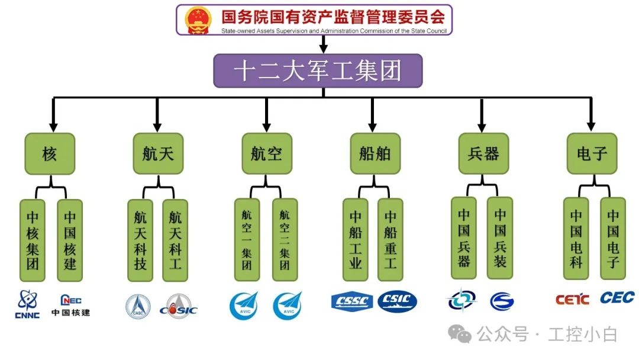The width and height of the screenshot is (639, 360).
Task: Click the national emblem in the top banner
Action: pos(198,20)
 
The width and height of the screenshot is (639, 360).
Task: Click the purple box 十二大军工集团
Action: pos(318,71)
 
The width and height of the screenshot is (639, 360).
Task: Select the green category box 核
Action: pos(50,153)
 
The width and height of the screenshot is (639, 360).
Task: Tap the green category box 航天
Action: pos(158,153)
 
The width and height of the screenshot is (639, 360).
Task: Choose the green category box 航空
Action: pos(266,153)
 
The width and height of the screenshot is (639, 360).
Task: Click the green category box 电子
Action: pos(592,153)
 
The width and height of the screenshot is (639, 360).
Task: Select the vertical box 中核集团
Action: pos(33,240)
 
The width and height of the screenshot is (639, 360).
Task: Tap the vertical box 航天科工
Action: pos(175,240)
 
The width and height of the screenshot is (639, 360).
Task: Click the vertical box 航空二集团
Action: pos(285,240)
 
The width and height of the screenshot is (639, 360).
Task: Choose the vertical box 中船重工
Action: pos(390,240)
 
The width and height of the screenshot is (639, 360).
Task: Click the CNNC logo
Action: pos(27,304)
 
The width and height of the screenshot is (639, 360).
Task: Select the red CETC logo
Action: pos(572,300)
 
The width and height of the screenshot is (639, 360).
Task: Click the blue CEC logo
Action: pos(617,297)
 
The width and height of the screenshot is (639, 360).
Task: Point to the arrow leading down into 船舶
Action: pos(372,115)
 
